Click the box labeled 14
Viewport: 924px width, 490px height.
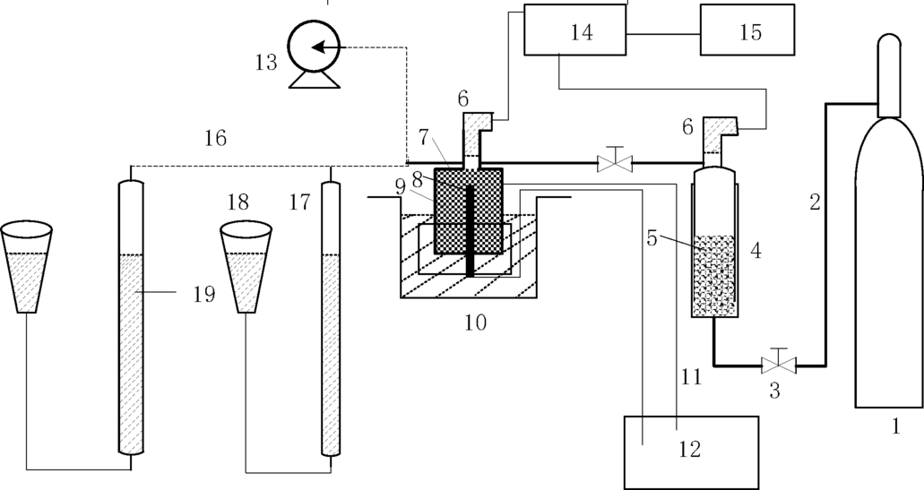tap(574, 33)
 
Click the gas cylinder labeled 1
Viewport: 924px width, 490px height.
tap(889, 269)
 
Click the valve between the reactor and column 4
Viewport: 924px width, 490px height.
tap(615, 162)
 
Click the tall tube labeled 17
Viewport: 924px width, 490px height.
tap(332, 318)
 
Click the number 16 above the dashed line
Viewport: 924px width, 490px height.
tap(215, 138)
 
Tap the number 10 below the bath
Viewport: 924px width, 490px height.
tap(475, 322)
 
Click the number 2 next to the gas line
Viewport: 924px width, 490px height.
tap(815, 202)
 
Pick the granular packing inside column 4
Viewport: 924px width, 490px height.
tap(714, 273)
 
